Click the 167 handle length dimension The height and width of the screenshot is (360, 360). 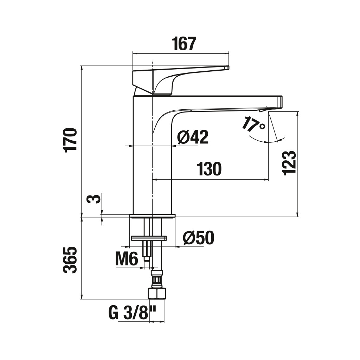click(184, 44)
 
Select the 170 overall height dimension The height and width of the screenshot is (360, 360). click(70, 139)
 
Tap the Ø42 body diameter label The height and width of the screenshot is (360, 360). click(193, 137)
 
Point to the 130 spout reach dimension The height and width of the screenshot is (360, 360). click(209, 168)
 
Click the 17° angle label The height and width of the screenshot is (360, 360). click(253, 124)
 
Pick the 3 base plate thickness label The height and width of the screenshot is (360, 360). click(94, 198)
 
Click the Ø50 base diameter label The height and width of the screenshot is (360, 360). click(198, 238)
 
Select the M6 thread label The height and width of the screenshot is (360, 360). click(127, 258)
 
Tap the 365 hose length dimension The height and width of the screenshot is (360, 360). click(70, 260)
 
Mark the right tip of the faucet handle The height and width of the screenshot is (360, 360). click(229, 68)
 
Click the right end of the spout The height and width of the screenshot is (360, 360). click(282, 102)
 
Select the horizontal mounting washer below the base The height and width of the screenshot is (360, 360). click(149, 238)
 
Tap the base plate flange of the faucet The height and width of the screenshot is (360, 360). click(152, 216)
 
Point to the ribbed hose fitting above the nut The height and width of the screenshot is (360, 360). click(157, 279)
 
